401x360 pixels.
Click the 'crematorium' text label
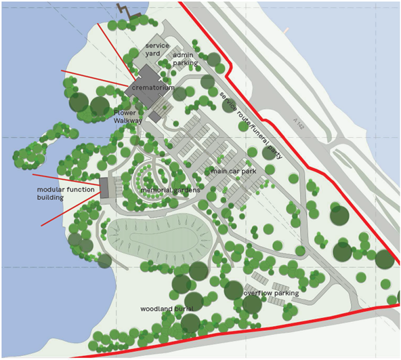[153, 88]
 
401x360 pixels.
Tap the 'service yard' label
[157, 50]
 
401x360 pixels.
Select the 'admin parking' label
[185, 59]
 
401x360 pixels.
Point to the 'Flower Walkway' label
[128, 117]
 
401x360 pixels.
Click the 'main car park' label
[233, 172]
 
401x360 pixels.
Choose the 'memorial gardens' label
[170, 191]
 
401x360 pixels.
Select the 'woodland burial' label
[167, 308]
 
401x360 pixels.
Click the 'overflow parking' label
[271, 294]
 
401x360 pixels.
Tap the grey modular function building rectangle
[104, 188]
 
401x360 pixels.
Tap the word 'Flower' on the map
[125, 113]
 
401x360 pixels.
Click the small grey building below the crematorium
[155, 117]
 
